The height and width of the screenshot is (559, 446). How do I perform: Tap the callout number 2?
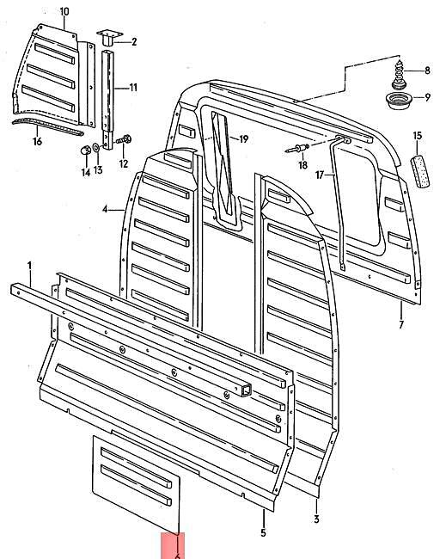coord(133,40)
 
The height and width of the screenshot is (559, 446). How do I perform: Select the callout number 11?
coord(133,87)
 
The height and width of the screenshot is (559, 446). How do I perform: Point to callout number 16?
coord(37,142)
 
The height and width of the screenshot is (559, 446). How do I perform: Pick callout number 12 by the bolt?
coord(123,163)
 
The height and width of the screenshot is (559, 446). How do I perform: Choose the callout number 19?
coord(243,138)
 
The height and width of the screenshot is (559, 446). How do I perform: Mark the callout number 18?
coord(302,165)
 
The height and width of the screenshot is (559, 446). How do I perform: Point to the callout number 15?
coord(418,135)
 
